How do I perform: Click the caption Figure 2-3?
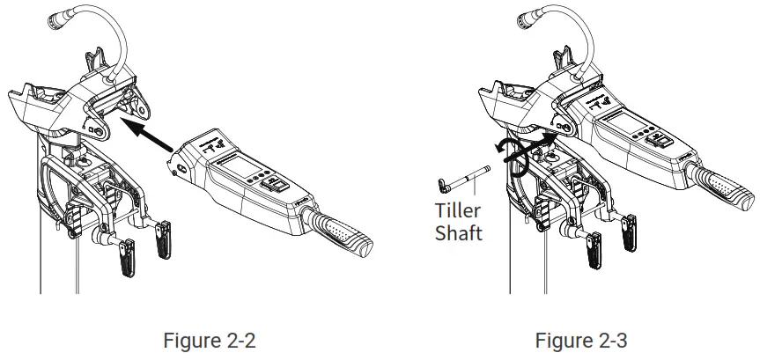click(x=581, y=340)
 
